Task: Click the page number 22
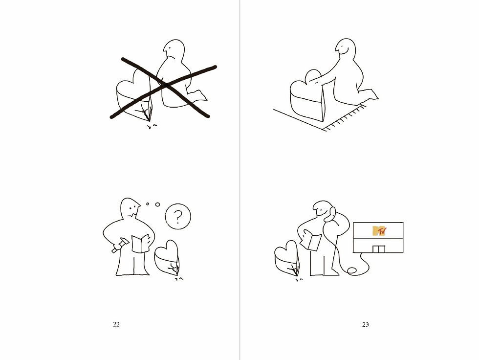tap(116, 324)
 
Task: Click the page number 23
tap(366, 325)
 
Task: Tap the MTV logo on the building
tap(379, 231)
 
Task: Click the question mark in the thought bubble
tap(178, 216)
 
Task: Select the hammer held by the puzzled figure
tap(120, 245)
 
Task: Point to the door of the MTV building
tap(379, 249)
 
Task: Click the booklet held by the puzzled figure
tap(140, 243)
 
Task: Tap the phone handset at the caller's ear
tap(330, 214)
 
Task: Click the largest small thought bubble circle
tap(157, 204)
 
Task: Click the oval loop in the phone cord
tap(351, 270)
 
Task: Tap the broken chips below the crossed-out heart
tap(152, 126)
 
